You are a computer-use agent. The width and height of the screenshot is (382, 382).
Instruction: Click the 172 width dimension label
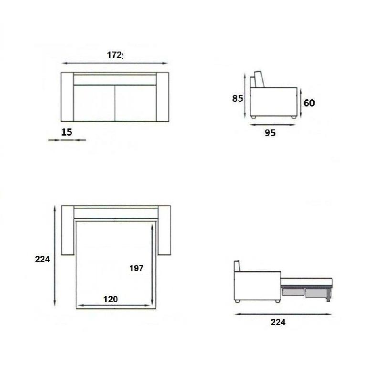click(115, 55)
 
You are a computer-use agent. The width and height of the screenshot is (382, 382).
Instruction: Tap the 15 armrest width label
click(66, 132)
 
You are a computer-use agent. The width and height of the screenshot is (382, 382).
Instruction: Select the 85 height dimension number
click(237, 98)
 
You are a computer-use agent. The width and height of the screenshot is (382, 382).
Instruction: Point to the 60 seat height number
click(309, 103)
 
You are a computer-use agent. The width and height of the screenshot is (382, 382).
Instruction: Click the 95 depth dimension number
click(270, 133)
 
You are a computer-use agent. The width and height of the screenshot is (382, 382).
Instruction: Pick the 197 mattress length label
click(136, 268)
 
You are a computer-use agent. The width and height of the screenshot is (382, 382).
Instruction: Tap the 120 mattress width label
click(110, 299)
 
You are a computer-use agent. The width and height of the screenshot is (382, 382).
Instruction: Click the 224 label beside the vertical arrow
click(42, 259)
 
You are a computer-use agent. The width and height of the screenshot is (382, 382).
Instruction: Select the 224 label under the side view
click(278, 322)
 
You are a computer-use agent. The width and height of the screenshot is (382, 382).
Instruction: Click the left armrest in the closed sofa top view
click(67, 97)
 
